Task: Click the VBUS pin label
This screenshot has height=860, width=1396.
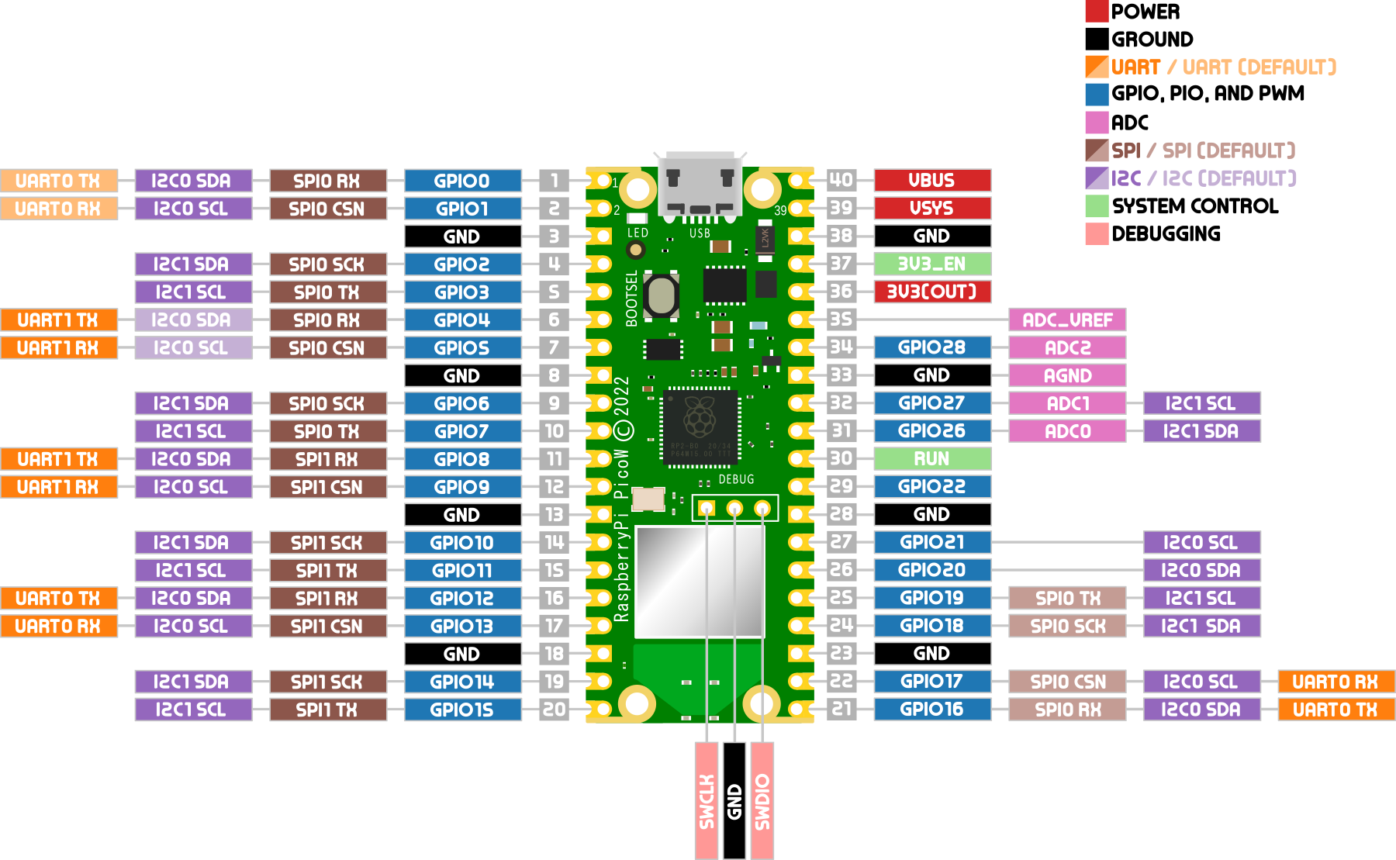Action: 932,181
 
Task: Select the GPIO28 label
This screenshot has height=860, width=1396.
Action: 932,347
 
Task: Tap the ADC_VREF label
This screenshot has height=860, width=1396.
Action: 1067,319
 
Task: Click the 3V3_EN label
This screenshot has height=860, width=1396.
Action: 932,264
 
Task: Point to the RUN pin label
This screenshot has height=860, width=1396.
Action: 932,458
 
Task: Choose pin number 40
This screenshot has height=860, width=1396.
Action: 841,181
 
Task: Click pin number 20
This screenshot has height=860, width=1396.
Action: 554,709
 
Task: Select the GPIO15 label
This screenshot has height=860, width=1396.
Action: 462,709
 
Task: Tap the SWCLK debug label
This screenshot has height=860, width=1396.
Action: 707,800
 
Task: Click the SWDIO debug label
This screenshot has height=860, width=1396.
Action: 762,800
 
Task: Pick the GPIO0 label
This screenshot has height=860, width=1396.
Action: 462,181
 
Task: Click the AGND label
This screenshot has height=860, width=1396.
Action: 1067,375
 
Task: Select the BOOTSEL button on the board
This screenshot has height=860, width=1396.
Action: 662,295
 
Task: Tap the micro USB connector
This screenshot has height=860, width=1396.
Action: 700,184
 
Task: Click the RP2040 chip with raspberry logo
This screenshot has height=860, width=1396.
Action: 700,427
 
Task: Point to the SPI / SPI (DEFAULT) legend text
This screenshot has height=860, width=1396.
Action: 1203,150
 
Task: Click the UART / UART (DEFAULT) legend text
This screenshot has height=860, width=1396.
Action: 1224,67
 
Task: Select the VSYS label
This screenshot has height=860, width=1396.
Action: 932,209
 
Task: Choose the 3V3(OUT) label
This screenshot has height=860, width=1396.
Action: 932,292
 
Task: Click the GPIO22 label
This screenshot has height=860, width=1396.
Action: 932,486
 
